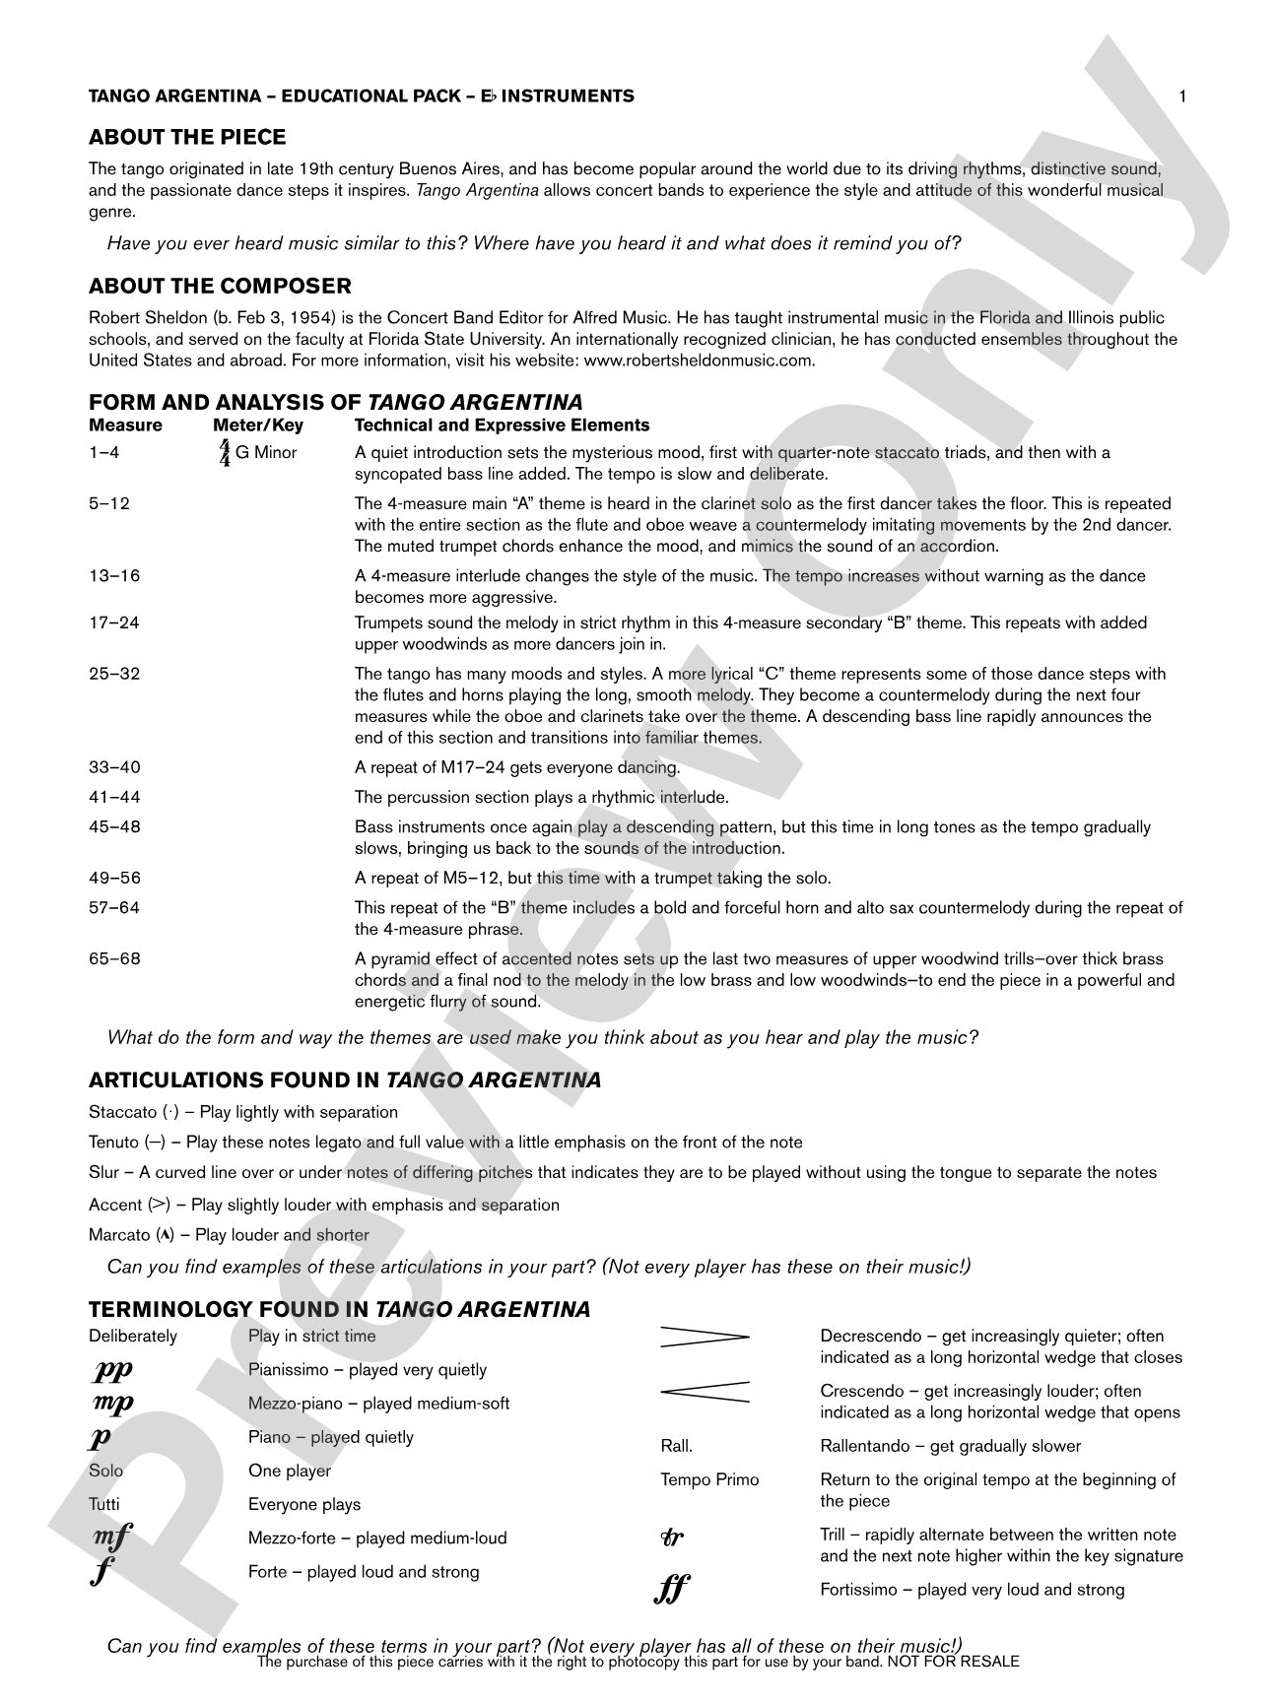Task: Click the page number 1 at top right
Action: pos(1181,96)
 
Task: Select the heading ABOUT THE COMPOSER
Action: pos(220,287)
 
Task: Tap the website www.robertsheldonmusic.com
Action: pos(700,360)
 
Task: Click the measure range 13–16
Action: pos(114,575)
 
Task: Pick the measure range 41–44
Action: pos(114,797)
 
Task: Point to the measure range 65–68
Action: pos(114,958)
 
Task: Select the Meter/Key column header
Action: pos(258,425)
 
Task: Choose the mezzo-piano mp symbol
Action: pos(112,1404)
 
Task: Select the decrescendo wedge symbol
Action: pos(705,1337)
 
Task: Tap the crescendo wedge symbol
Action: pos(705,1391)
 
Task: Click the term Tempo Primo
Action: pos(709,1479)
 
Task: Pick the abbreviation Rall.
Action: pos(676,1446)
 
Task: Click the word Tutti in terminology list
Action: pos(104,1504)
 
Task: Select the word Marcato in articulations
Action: pos(119,1235)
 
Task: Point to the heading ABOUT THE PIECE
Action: pos(187,137)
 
